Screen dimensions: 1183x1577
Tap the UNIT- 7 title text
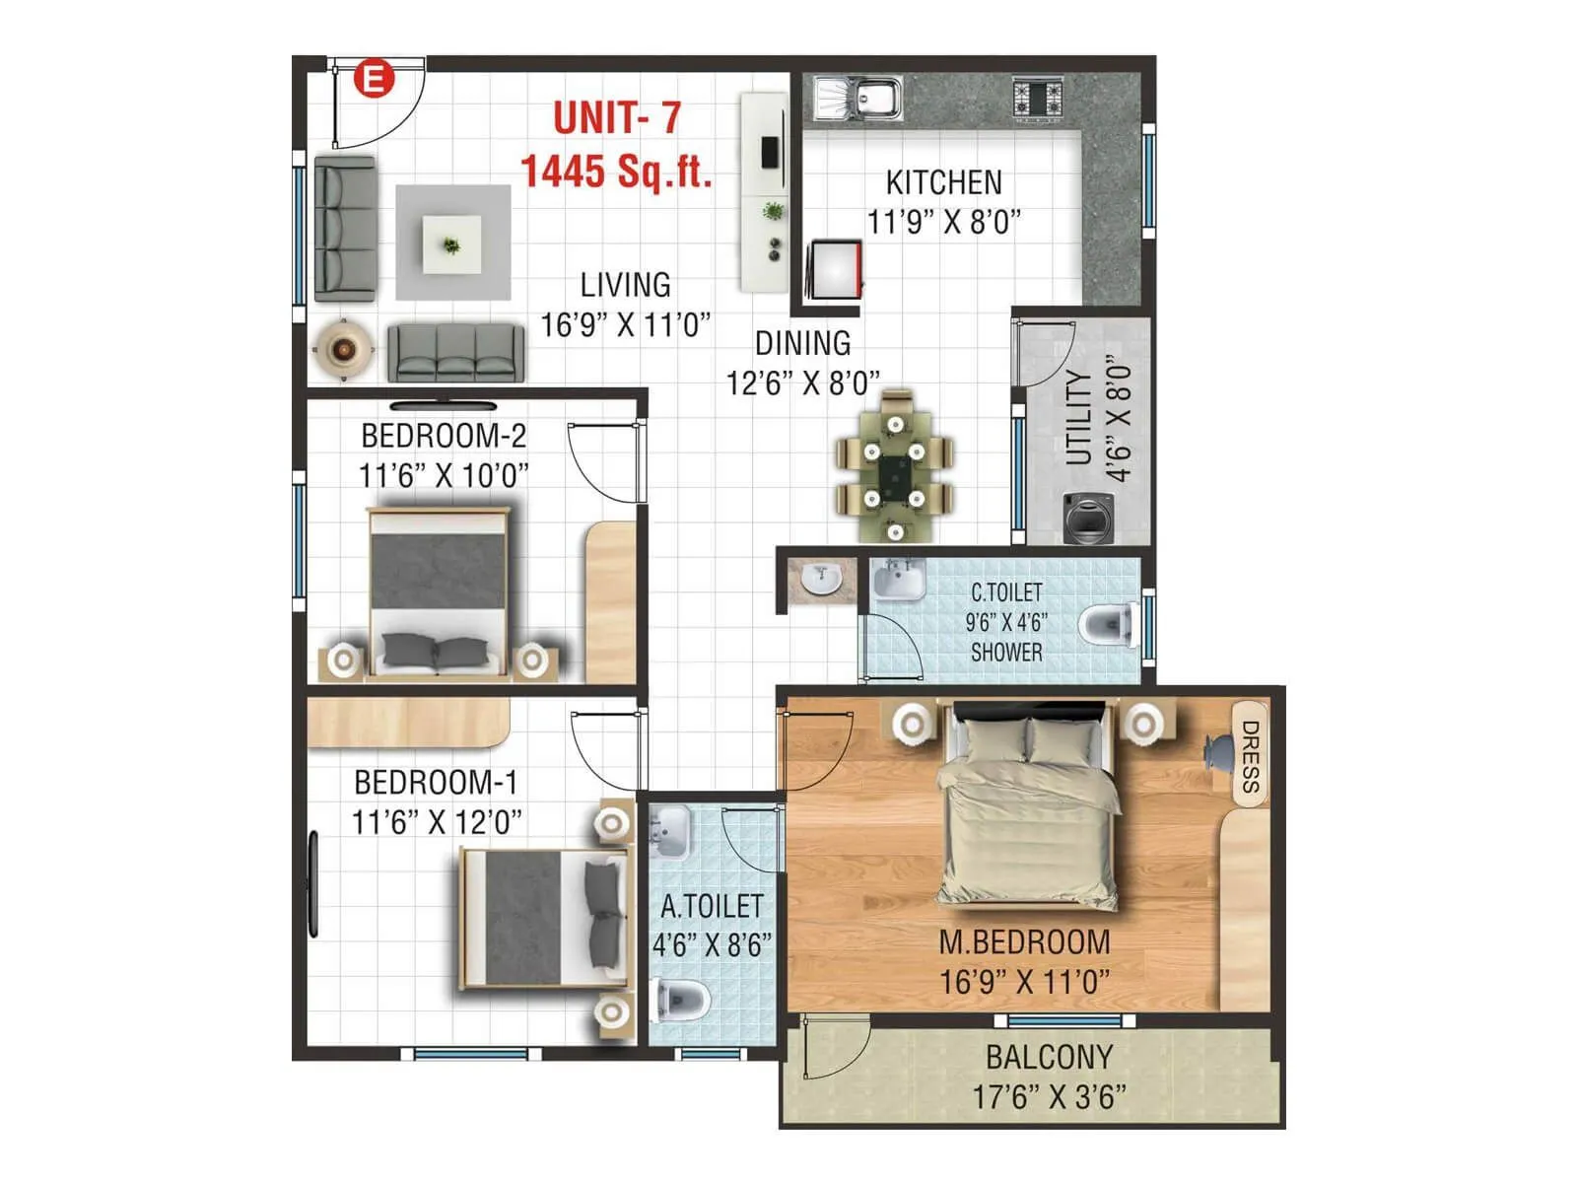[x=617, y=118]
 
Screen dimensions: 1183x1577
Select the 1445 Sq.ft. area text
[x=617, y=171]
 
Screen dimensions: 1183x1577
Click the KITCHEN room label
[x=943, y=183]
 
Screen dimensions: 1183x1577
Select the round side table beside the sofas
[x=342, y=348]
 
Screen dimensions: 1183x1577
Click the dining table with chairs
[x=895, y=465]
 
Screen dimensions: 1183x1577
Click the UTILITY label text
[x=1079, y=418]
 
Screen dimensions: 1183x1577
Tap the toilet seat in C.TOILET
[x=1108, y=623]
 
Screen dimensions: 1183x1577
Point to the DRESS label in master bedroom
[x=1250, y=756]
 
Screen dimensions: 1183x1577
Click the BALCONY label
[x=1049, y=1057]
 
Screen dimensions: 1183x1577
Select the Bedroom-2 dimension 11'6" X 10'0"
[x=443, y=476]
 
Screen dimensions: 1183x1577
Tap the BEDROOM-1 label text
[x=436, y=783]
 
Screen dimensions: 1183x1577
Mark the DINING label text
[x=802, y=344]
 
